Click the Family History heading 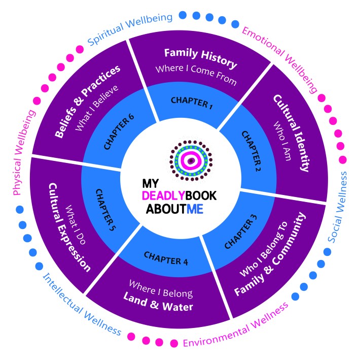click(201, 58)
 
